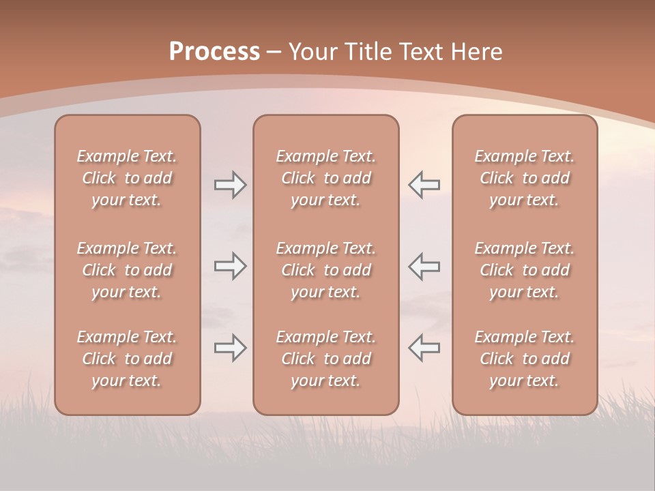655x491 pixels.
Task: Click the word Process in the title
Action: point(214,52)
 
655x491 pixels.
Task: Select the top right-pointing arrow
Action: point(230,185)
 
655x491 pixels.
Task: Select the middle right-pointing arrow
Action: point(230,267)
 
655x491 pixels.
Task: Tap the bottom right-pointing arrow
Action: point(230,348)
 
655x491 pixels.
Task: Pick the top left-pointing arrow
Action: point(424,185)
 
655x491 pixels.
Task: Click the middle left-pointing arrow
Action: point(424,267)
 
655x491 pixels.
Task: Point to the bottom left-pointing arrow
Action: point(424,348)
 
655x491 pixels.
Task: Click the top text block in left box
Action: point(127,178)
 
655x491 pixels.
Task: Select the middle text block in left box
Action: point(127,270)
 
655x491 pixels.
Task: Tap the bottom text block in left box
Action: point(127,359)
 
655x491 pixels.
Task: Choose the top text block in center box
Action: point(325,178)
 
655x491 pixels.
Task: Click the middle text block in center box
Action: point(325,270)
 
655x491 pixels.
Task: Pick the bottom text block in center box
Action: point(325,359)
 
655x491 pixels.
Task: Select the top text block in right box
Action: point(524,178)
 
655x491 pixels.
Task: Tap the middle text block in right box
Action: point(524,270)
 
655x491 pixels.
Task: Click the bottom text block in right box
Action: point(524,359)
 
